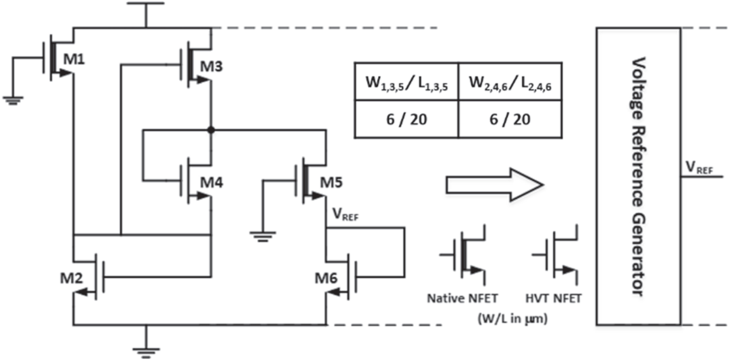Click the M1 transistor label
pyautogui.click(x=74, y=59)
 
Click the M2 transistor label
pyautogui.click(x=72, y=278)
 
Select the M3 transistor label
pyautogui.click(x=211, y=66)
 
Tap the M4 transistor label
pyautogui.click(x=211, y=183)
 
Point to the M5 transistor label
pyautogui.click(x=331, y=183)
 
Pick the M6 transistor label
pyautogui.click(x=326, y=278)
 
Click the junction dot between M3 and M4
pyautogui.click(x=211, y=130)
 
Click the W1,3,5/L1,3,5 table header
pyautogui.click(x=406, y=83)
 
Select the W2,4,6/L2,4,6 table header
pyautogui.click(x=510, y=83)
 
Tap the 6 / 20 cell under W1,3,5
pyautogui.click(x=406, y=119)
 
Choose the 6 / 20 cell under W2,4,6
pyautogui.click(x=510, y=119)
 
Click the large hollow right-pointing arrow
pyautogui.click(x=494, y=184)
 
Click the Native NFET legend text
pyautogui.click(x=462, y=298)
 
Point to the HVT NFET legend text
pyautogui.click(x=553, y=298)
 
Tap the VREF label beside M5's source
pyautogui.click(x=345, y=215)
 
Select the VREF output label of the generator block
pyautogui.click(x=699, y=168)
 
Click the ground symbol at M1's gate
pyautogui.click(x=13, y=100)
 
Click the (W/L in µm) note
pyautogui.click(x=512, y=318)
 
